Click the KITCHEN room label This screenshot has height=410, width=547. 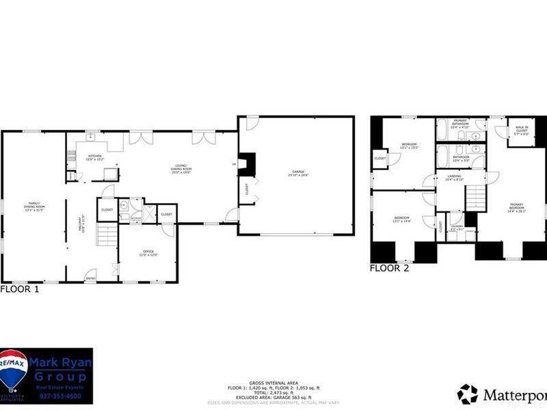[94, 157]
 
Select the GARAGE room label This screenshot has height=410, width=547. [298, 174]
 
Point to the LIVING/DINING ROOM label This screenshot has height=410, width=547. [181, 170]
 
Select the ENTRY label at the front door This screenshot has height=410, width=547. [90, 278]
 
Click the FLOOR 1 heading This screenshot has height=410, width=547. [20, 289]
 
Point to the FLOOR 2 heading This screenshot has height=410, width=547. [390, 269]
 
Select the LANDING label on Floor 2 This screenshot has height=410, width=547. [454, 178]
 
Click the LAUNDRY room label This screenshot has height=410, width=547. [456, 228]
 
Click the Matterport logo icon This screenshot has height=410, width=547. [467, 394]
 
